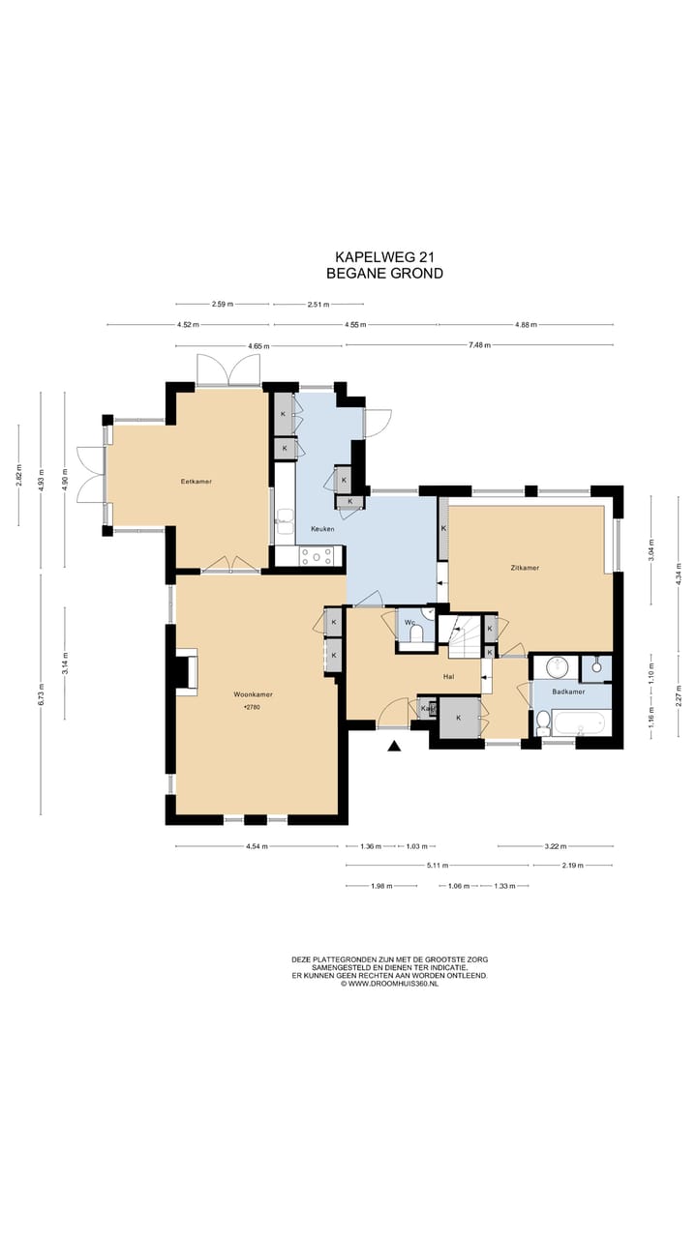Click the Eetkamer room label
tap(197, 482)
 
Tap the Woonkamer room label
tap(253, 694)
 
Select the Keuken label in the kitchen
tap(322, 529)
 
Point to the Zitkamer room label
tap(525, 568)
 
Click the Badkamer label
tap(568, 692)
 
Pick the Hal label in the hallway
tap(448, 676)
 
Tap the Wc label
tap(409, 622)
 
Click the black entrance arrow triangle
tap(393, 746)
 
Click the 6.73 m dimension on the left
tap(41, 694)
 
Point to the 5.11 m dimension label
tap(437, 866)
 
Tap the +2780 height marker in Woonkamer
tap(252, 707)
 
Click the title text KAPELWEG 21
tap(384, 257)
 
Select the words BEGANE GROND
tap(384, 273)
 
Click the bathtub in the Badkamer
tap(579, 723)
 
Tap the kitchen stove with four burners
tap(317, 556)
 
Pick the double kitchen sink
tap(285, 521)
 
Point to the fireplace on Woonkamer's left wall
tap(187, 672)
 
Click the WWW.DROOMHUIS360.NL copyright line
tap(389, 984)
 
